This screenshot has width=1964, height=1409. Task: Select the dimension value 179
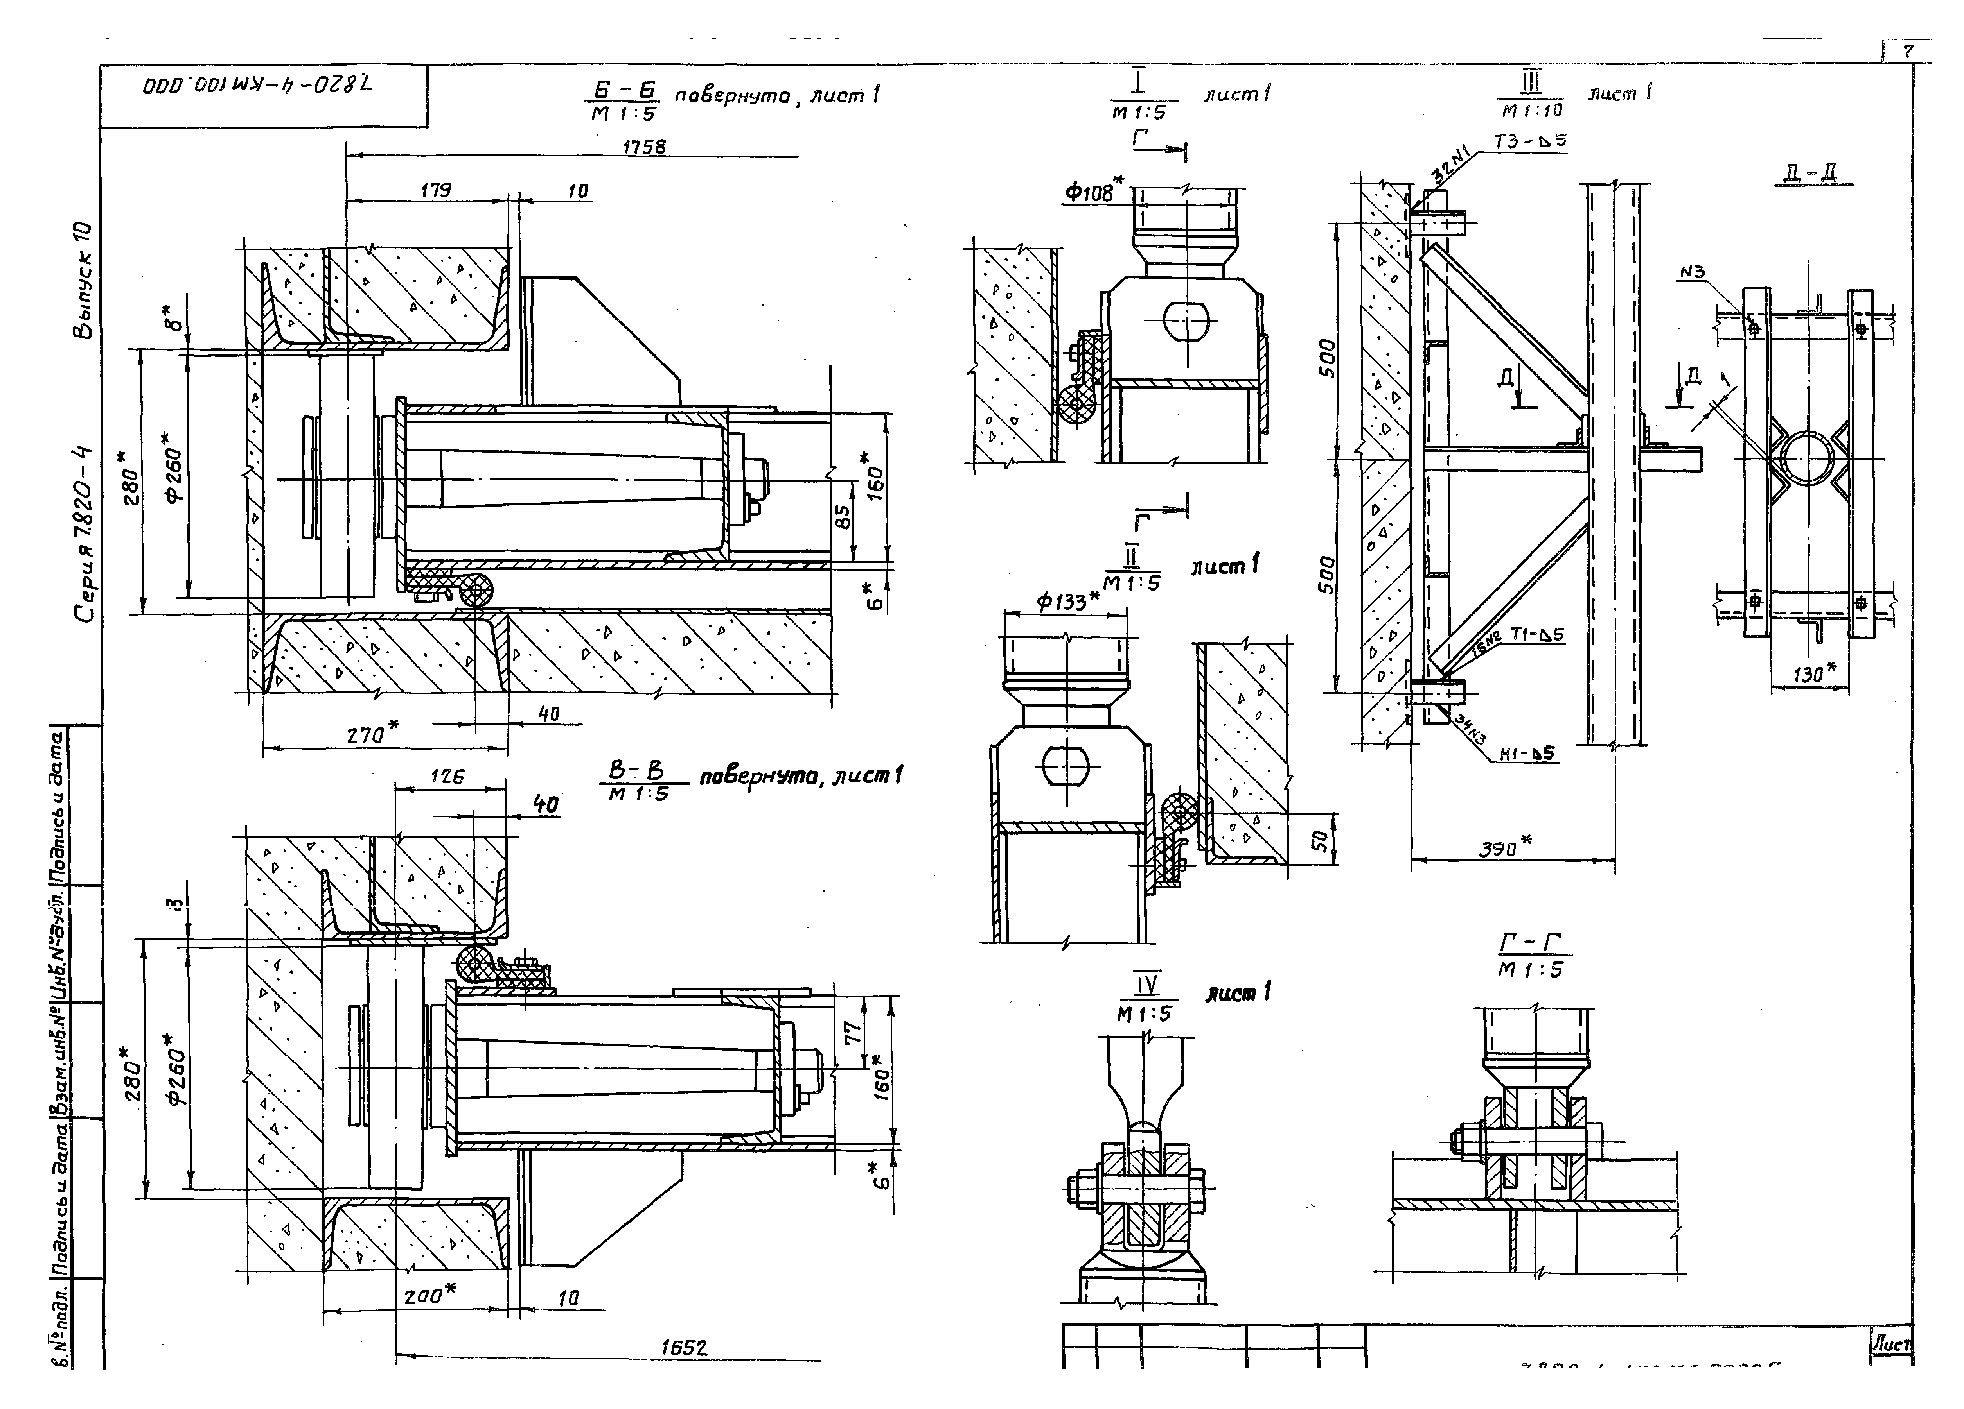pos(436,190)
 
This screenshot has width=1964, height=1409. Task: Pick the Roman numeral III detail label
pos(1531,85)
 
